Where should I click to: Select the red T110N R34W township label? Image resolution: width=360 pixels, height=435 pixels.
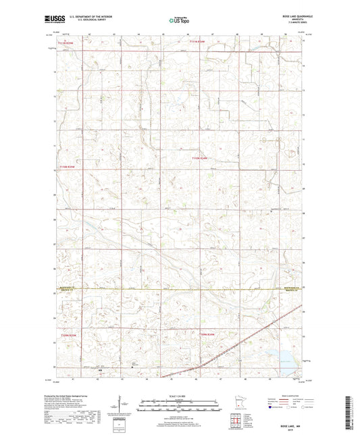pyautogui.click(x=201, y=158)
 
